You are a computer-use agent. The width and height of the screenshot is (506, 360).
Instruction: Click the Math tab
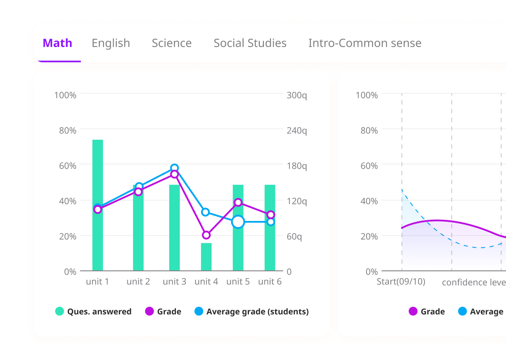point(57,43)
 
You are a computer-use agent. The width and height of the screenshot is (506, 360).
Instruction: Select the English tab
point(111,43)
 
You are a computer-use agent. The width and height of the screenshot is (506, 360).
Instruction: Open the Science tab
point(172,43)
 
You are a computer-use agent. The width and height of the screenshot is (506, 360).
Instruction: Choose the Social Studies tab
point(250,43)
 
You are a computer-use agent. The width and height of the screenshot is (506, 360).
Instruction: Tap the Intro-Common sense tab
point(364,43)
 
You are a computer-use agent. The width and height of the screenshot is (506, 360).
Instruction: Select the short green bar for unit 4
point(206,257)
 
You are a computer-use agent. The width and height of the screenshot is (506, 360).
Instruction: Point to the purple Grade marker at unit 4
point(206,235)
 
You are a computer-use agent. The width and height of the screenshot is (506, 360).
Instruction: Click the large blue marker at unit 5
point(238,222)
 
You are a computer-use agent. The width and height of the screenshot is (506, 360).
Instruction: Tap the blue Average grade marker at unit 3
point(174,168)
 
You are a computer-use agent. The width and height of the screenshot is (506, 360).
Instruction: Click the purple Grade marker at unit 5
point(238,202)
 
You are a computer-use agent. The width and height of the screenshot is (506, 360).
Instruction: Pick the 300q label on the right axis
point(297,95)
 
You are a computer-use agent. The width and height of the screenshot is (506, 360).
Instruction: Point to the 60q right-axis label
point(294,236)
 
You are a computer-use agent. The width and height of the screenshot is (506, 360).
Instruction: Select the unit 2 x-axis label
point(138,281)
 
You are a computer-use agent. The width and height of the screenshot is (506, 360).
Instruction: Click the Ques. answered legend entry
point(93,312)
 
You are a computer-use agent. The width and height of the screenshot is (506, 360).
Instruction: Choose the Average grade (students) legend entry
point(251,312)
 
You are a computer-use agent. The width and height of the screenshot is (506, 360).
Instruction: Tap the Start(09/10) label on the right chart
point(401,281)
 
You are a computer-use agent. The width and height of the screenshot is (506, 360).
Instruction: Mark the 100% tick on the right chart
point(367,95)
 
